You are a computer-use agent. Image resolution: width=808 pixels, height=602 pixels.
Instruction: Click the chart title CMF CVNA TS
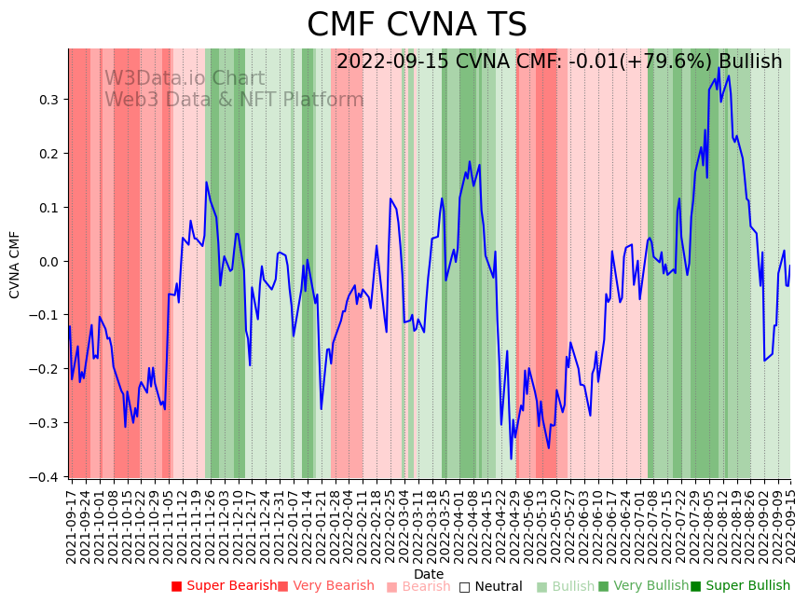click(417, 25)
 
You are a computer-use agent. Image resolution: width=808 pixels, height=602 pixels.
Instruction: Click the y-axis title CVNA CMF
click(15, 265)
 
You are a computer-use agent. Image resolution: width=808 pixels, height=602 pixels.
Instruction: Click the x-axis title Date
click(429, 574)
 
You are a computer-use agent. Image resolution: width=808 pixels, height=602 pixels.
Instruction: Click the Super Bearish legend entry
click(225, 586)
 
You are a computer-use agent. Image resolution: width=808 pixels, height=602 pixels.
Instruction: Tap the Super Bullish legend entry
click(740, 586)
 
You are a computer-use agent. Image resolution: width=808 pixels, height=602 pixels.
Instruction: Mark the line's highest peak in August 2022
click(719, 68)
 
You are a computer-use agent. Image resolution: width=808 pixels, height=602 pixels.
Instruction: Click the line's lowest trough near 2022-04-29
click(511, 458)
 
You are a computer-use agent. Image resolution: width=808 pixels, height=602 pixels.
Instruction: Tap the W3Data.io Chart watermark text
click(185, 79)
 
